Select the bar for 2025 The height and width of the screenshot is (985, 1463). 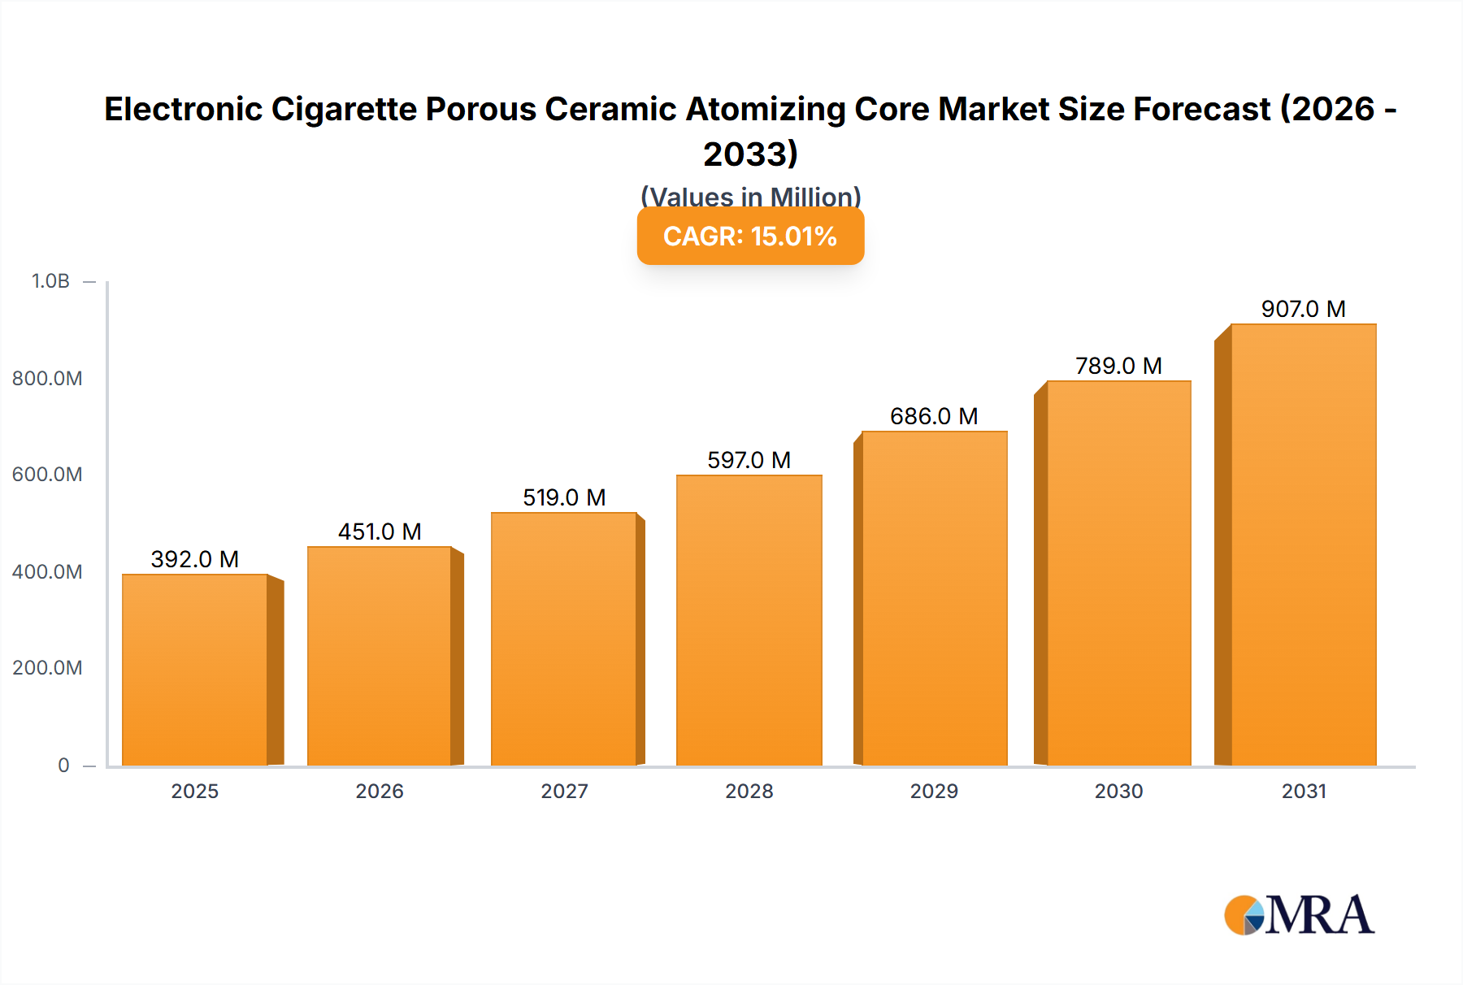[195, 670]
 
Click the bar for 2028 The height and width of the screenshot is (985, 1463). [749, 620]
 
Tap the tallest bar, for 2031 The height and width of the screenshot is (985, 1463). [1303, 545]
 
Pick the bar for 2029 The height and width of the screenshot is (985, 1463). [934, 598]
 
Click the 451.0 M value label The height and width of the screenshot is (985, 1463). [380, 532]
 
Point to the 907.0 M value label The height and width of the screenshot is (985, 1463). [1303, 309]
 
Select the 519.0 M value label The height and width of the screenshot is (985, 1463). [564, 497]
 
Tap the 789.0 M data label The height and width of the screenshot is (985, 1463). [1118, 366]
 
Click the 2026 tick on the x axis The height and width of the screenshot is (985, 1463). [380, 791]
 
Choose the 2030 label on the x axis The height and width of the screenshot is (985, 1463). [1118, 791]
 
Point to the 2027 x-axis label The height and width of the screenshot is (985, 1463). [564, 791]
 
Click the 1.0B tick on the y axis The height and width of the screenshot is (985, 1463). [50, 281]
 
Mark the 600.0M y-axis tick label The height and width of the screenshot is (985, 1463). [47, 475]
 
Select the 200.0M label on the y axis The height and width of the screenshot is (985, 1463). [47, 668]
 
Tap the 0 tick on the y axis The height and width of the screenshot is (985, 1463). [63, 765]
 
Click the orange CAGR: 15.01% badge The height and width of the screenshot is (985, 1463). [750, 236]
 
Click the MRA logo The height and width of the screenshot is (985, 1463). [1299, 915]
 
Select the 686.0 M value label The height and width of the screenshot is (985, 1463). [934, 416]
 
